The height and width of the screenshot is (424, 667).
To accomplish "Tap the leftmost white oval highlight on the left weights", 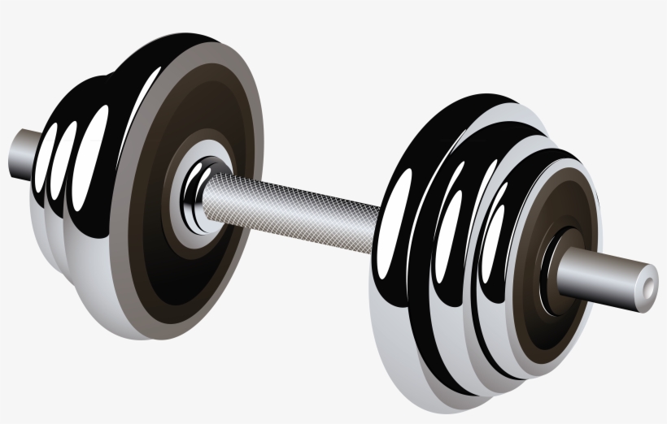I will [50, 154].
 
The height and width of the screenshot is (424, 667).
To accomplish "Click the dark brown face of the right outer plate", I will [569, 203].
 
